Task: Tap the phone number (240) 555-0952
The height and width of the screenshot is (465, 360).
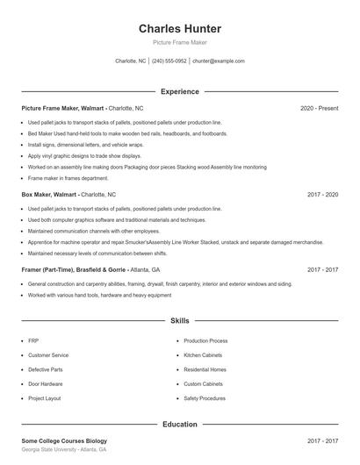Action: click(169, 61)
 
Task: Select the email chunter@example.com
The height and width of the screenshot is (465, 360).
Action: click(218, 61)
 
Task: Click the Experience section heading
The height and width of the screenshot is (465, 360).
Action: click(179, 91)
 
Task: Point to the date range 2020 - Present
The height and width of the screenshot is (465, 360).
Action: click(319, 108)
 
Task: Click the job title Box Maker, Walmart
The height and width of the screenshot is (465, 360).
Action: click(49, 194)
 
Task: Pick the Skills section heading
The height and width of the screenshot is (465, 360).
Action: click(179, 321)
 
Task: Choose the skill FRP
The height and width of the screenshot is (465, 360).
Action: click(33, 340)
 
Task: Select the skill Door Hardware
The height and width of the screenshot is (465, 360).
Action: click(45, 383)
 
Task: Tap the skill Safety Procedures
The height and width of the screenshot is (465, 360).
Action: click(205, 397)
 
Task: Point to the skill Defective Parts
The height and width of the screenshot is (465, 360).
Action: click(45, 369)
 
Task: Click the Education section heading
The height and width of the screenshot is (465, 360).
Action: click(179, 424)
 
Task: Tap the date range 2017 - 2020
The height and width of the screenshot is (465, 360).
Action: click(322, 194)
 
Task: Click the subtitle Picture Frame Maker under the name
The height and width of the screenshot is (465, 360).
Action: click(179, 41)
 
